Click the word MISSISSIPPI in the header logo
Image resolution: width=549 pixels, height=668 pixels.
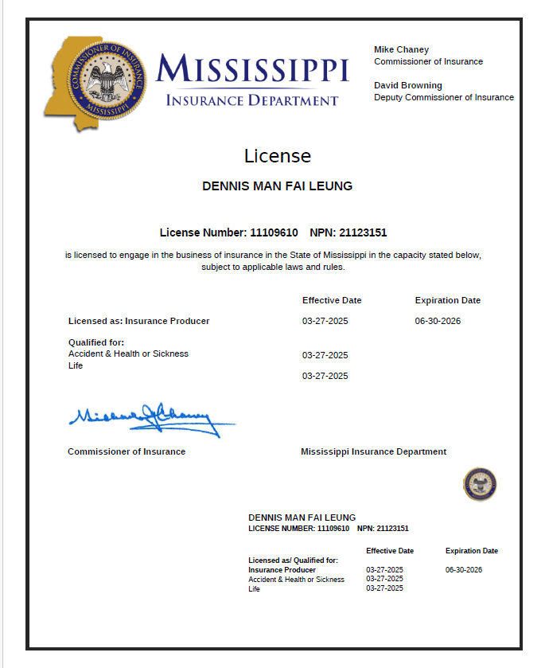[x=253, y=70]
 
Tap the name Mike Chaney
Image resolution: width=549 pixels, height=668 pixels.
[x=401, y=49]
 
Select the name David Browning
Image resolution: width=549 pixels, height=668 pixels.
[x=408, y=85]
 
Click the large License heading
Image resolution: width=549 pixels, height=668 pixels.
[x=278, y=156]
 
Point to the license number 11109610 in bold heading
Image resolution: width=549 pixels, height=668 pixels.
[x=274, y=232]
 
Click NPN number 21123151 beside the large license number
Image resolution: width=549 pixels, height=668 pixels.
[x=363, y=232]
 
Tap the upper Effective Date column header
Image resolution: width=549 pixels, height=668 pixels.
[x=332, y=300]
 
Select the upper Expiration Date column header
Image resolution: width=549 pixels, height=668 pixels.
[x=448, y=300]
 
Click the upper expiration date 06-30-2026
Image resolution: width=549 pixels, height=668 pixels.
[x=438, y=321]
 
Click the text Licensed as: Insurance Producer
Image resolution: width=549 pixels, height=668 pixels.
[x=139, y=321]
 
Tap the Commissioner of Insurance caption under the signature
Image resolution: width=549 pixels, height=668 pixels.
[x=127, y=451]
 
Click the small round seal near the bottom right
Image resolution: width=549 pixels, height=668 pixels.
[x=480, y=484]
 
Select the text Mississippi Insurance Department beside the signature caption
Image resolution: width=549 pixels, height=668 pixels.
[x=373, y=451]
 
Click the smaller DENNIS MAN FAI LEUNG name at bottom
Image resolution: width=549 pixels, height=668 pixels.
[x=302, y=518]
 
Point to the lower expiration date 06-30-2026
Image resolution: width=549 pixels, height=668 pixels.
[x=464, y=570]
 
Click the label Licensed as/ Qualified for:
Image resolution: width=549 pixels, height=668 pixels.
[x=293, y=561]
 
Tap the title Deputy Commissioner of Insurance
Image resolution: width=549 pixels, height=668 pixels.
[x=444, y=97]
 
